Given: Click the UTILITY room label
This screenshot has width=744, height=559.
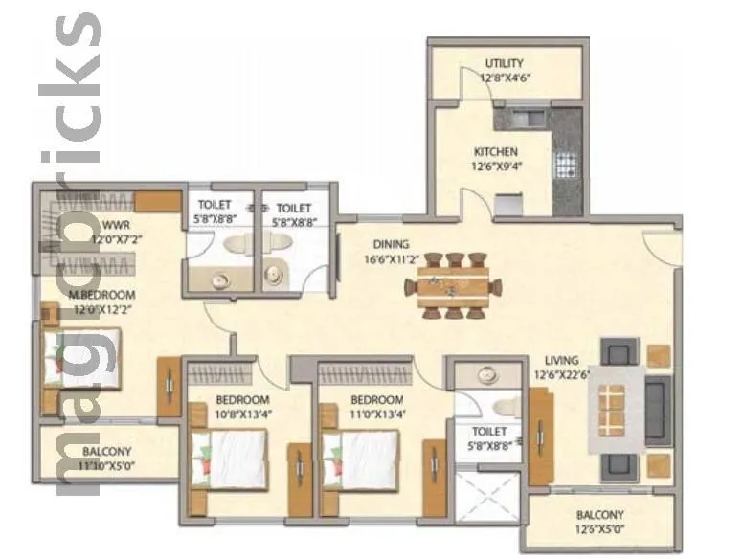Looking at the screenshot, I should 504,64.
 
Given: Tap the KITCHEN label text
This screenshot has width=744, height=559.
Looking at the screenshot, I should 496,152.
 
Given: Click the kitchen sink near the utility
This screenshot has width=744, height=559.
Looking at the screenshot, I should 523,120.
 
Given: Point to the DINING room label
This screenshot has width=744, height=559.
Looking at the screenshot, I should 391,244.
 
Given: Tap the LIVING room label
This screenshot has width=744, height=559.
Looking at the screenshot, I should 555,361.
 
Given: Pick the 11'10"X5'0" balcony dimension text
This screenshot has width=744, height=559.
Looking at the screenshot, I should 106,465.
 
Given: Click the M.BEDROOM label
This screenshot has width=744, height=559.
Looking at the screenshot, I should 101,295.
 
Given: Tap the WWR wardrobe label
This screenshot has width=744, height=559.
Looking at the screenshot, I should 117,226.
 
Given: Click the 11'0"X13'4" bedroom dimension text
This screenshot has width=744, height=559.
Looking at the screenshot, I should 376,414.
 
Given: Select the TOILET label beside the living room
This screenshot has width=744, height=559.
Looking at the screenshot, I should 489,432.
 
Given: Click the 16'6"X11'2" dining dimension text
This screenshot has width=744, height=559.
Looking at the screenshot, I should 391,258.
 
